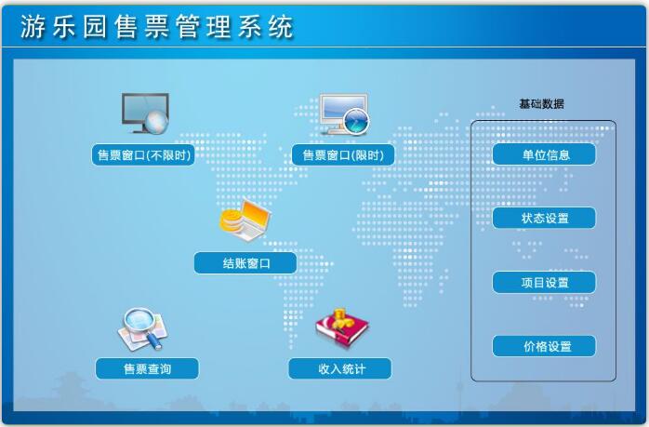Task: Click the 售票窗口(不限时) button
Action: (143, 155)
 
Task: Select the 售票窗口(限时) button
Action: (343, 155)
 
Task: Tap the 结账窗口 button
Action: (245, 263)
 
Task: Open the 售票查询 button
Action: (147, 368)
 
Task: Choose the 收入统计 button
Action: (339, 368)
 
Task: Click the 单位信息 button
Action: (544, 154)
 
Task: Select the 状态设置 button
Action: (544, 218)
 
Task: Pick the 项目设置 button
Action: (544, 283)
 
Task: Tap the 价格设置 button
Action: (544, 346)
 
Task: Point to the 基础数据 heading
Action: (541, 103)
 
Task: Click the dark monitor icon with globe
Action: (145, 113)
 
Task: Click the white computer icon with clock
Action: (344, 114)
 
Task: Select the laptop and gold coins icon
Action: (245, 220)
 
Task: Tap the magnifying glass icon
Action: (143, 328)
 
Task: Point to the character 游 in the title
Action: (33, 27)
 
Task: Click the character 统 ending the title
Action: (281, 27)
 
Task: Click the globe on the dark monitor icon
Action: (156, 123)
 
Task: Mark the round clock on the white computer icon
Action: (356, 122)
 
